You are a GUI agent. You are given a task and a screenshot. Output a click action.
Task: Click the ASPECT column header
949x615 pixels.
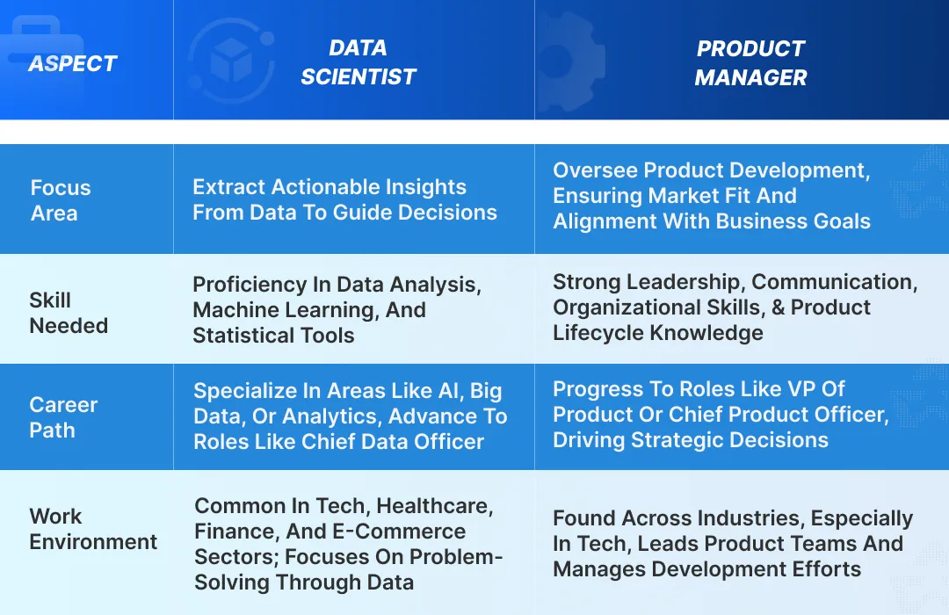click(x=73, y=63)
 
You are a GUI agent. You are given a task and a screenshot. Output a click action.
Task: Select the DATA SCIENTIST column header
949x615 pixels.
click(x=358, y=62)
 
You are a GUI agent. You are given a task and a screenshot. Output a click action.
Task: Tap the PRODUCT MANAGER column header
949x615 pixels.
click(x=750, y=62)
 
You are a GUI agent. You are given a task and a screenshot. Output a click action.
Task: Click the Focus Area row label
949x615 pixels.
click(x=60, y=200)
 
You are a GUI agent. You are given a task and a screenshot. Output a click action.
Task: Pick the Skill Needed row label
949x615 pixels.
click(x=69, y=313)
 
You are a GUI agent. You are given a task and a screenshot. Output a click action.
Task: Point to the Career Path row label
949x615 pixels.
click(x=63, y=417)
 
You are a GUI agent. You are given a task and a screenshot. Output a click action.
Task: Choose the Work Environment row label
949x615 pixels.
click(x=93, y=529)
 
